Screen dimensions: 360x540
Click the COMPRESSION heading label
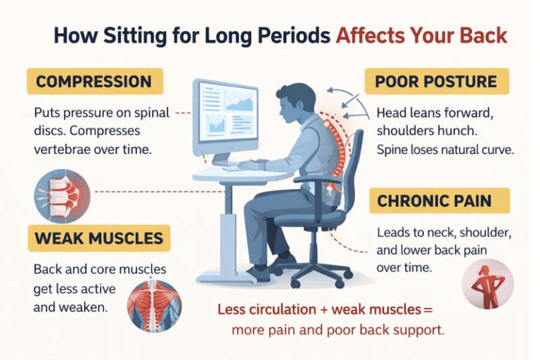[94, 82]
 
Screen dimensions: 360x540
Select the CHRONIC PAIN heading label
[438, 201]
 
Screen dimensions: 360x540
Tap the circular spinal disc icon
[62, 195]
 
